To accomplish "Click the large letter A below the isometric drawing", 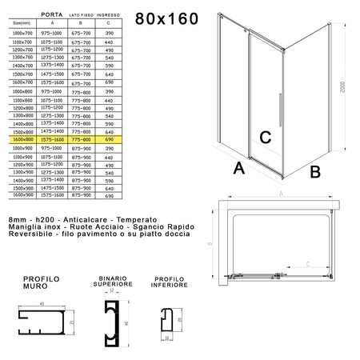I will click(238, 168).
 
